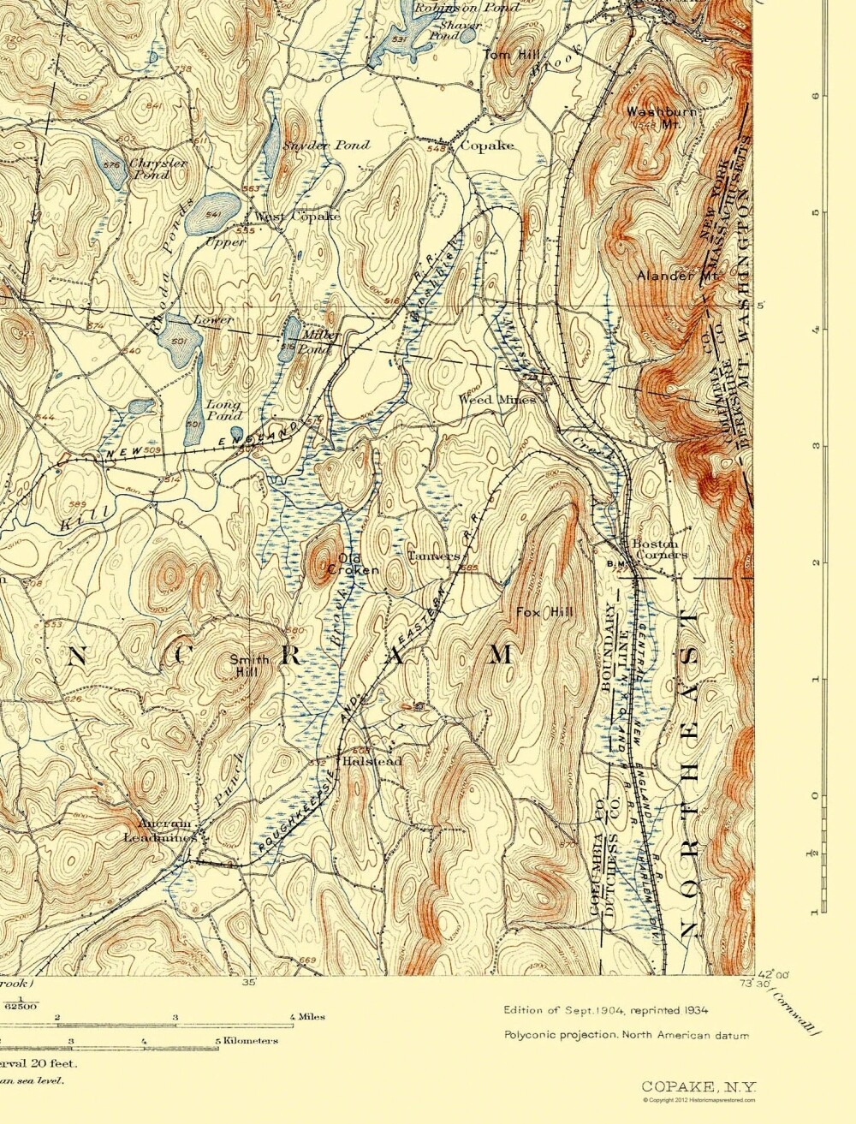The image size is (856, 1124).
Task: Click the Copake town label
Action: (x=487, y=146)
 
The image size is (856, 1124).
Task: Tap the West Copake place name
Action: (x=297, y=217)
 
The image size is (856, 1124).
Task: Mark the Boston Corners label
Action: (x=658, y=549)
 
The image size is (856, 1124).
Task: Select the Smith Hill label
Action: (x=248, y=665)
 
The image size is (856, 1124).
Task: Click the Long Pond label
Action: (x=223, y=410)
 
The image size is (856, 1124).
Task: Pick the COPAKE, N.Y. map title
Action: (x=699, y=1086)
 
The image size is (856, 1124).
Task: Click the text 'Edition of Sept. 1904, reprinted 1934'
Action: (x=605, y=1010)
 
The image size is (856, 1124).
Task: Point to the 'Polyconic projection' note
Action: (x=626, y=1035)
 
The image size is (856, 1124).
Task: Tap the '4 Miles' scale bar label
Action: (x=308, y=1017)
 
